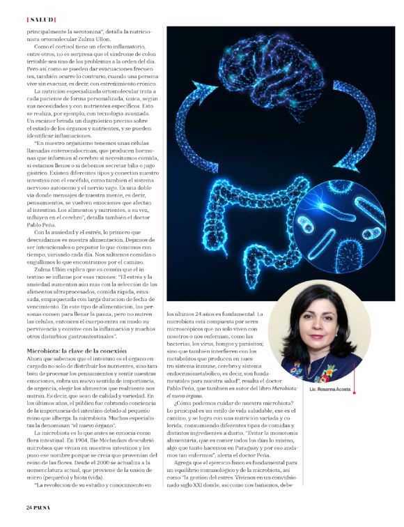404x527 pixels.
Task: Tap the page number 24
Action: click(30, 506)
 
